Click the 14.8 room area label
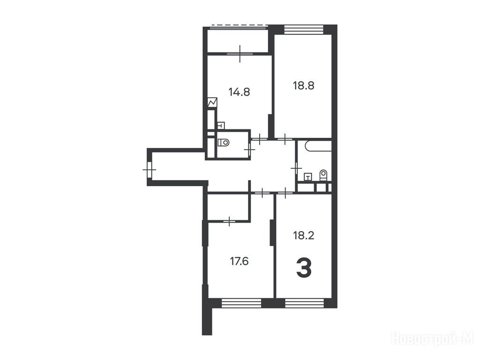point(239,92)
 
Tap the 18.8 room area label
point(303,85)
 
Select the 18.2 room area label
point(303,236)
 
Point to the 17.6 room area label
point(239,262)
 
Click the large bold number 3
point(304,268)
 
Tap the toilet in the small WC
point(224,142)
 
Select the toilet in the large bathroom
point(323,175)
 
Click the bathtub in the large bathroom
point(318,146)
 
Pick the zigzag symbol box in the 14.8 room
point(212,103)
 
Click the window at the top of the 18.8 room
point(304,29)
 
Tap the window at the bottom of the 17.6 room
point(241,303)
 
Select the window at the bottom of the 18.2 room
point(304,303)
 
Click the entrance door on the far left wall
point(150,169)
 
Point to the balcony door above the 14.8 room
point(240,53)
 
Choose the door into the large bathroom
point(296,168)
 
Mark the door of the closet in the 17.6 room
point(229,220)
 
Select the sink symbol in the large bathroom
point(308,177)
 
